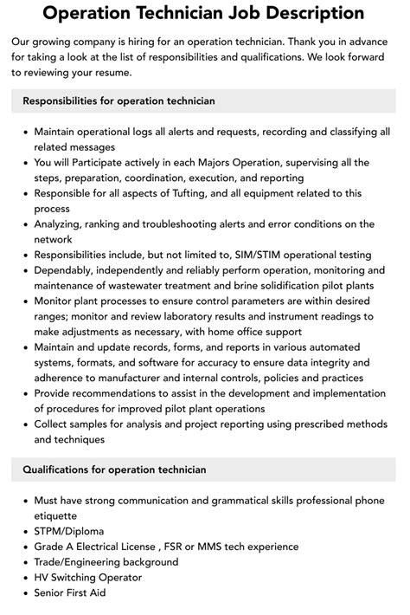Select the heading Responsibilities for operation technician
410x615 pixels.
(x=119, y=101)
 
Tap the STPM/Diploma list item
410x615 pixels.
(x=69, y=531)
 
